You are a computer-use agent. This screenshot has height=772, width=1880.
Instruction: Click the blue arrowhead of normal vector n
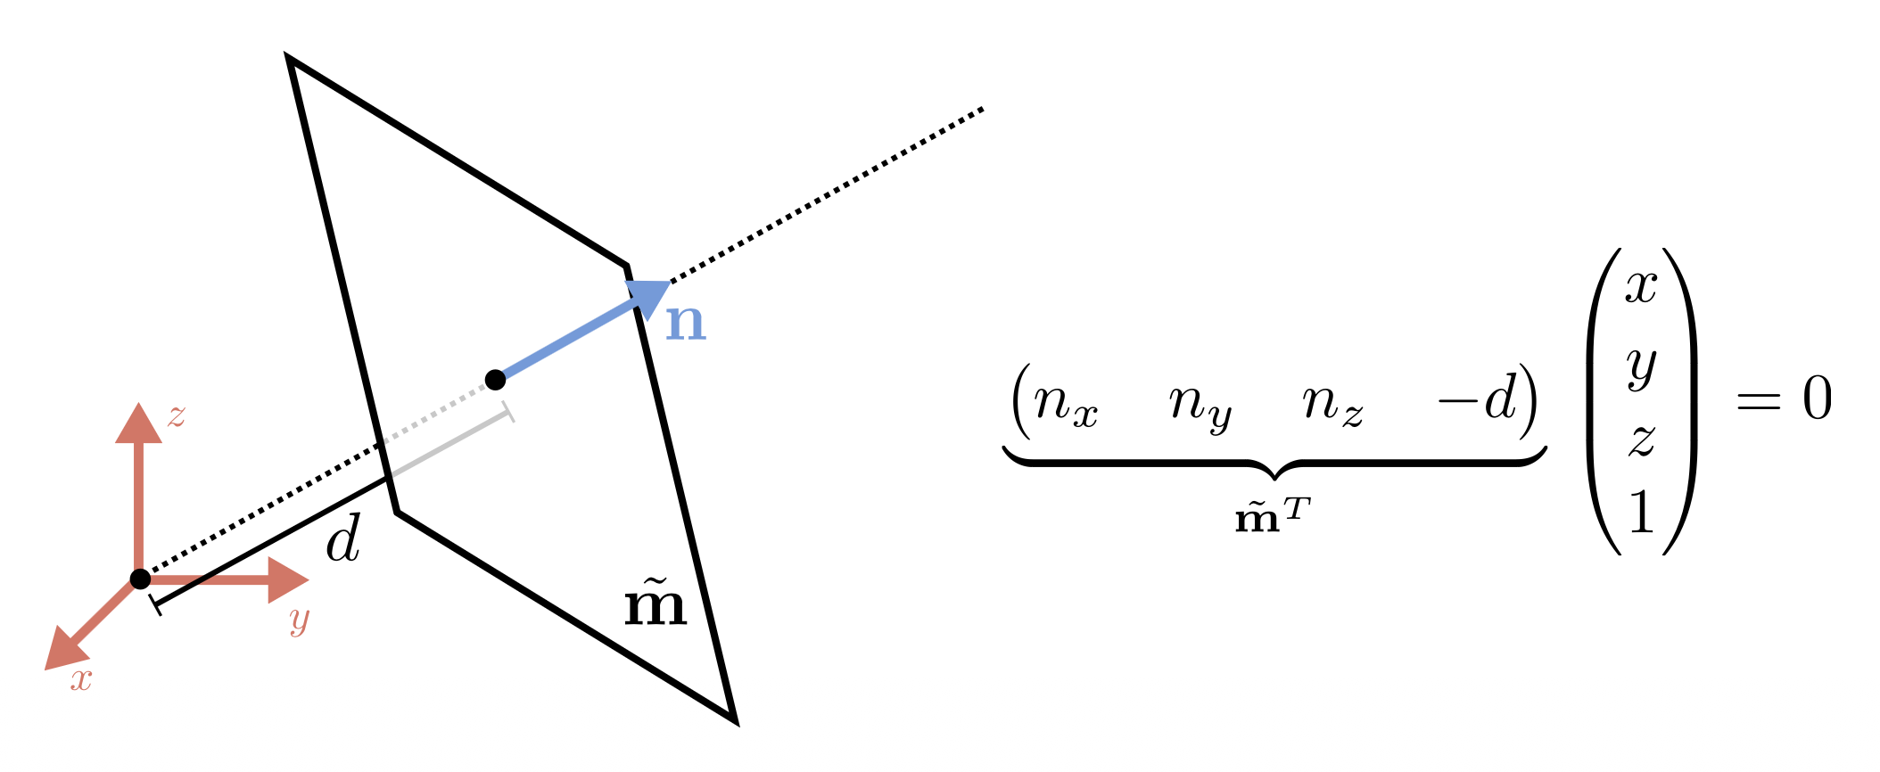pyautogui.click(x=649, y=296)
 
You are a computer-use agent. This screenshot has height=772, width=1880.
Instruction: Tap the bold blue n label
pyautogui.click(x=686, y=323)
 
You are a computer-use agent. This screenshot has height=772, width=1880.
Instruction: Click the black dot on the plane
pyautogui.click(x=496, y=380)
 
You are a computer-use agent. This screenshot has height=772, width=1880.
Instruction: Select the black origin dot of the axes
pyautogui.click(x=140, y=579)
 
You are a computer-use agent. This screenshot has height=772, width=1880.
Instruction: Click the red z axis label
pyautogui.click(x=177, y=416)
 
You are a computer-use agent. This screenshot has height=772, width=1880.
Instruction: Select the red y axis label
pyautogui.click(x=300, y=620)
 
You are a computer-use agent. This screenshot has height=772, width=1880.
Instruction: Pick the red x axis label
pyautogui.click(x=81, y=680)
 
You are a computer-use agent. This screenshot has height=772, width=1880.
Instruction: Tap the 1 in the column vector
pyautogui.click(x=1642, y=513)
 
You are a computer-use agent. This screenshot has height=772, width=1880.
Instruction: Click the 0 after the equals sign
pyautogui.click(x=1817, y=398)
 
